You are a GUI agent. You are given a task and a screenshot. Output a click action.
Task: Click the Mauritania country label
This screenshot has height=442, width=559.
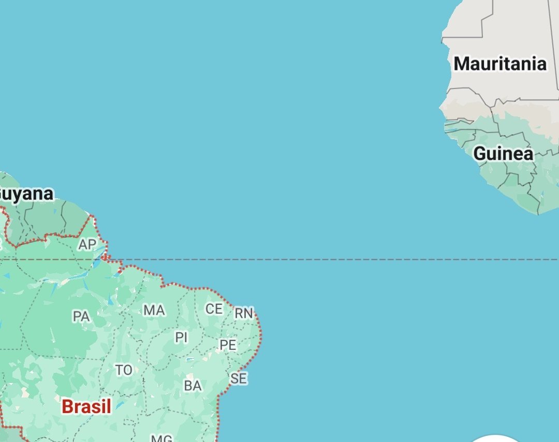(x=499, y=64)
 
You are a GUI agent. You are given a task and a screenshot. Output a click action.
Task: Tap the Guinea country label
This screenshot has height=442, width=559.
(x=503, y=154)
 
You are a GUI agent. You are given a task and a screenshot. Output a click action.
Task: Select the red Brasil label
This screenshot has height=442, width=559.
(x=86, y=406)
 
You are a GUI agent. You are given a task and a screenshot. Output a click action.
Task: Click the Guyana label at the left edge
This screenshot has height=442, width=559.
(x=26, y=194)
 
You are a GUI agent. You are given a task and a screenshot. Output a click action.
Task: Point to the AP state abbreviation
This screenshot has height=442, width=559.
(x=87, y=244)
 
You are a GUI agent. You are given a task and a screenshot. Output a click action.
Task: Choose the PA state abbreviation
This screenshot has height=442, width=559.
(x=81, y=316)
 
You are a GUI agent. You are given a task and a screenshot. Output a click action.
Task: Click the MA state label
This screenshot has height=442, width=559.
(x=154, y=310)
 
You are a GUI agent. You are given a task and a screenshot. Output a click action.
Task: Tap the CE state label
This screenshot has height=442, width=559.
(x=214, y=309)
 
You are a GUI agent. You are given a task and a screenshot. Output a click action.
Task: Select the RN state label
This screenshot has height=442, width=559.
(x=244, y=313)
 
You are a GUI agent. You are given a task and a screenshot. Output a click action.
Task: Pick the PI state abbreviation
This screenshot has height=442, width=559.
(x=181, y=337)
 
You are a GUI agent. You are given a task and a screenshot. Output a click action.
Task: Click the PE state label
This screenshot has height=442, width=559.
(x=228, y=345)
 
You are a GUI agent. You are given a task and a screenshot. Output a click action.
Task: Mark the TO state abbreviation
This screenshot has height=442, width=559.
(x=124, y=370)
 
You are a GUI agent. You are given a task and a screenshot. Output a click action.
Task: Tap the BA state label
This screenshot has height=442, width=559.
(x=193, y=386)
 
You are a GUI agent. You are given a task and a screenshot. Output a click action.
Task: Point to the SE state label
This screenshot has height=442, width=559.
(x=239, y=378)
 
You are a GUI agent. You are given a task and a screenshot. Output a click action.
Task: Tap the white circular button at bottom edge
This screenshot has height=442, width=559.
(x=495, y=439)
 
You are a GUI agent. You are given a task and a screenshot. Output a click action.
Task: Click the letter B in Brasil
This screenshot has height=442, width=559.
(x=67, y=406)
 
